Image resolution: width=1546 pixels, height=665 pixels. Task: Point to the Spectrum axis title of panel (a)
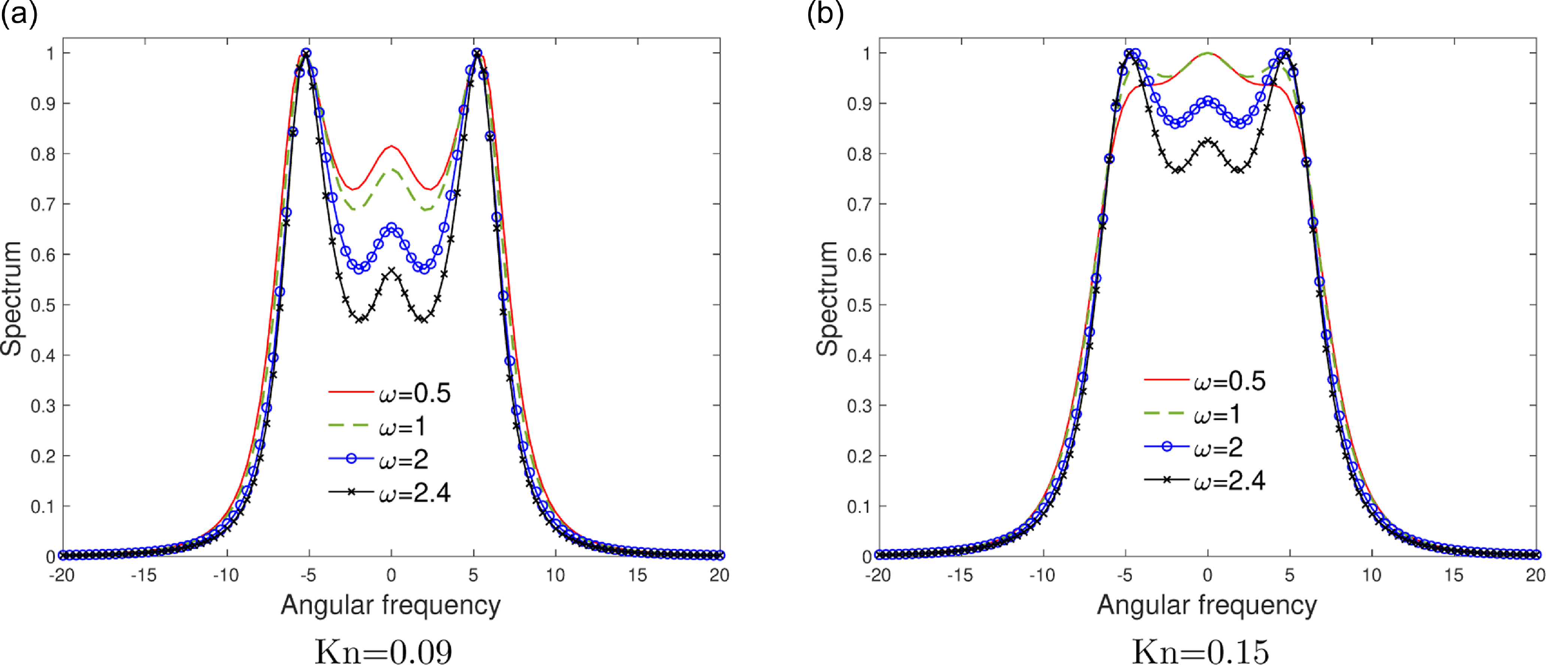tap(12, 298)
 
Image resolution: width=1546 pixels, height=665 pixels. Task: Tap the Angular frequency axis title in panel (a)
tap(391, 605)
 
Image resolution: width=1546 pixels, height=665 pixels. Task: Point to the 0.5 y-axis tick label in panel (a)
tap(43, 305)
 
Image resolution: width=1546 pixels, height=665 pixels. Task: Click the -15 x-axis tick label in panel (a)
tap(144, 575)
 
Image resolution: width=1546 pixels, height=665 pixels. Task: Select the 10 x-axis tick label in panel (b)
tap(1372, 575)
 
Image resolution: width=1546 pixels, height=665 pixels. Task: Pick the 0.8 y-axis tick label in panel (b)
tap(860, 154)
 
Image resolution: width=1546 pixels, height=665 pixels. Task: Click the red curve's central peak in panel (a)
tap(391, 146)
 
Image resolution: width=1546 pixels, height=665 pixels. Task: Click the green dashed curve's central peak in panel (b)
tap(1208, 53)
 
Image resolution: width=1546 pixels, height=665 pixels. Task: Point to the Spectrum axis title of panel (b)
tap(828, 298)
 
